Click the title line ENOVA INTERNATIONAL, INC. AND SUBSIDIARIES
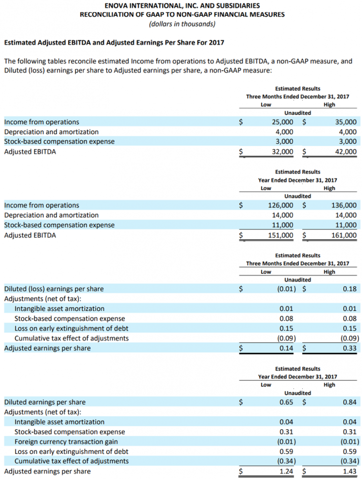pos(182,5)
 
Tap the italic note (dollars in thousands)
pos(182,23)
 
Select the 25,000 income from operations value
pos(283,122)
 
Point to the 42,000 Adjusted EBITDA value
pos(345,152)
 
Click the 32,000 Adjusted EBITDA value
pos(283,152)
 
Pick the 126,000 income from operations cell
pos(280,205)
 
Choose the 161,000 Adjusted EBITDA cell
pos(343,235)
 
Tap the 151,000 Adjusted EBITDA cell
pos(280,235)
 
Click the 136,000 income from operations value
pos(343,205)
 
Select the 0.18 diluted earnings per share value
pos(349,289)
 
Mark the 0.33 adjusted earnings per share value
pos(349,348)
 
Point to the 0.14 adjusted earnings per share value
pos(286,348)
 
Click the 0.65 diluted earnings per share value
pos(286,402)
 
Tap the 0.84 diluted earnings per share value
pos(349,402)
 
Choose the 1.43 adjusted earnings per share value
pos(349,471)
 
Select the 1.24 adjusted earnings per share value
pos(286,471)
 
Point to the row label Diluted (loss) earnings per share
pos(54,289)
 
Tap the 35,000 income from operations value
pos(345,122)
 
